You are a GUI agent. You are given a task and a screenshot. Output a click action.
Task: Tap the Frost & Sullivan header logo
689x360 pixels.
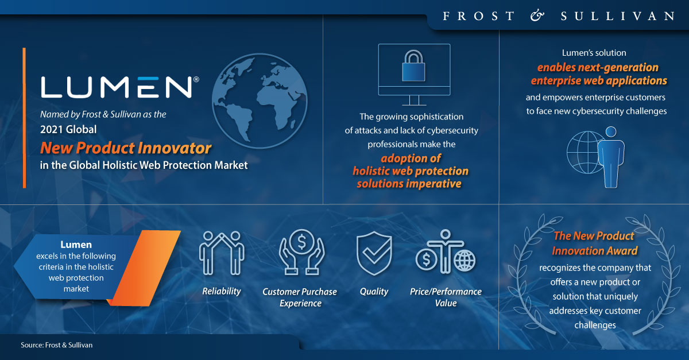(559, 16)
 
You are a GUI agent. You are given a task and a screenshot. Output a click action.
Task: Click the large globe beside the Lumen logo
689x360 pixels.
(260, 101)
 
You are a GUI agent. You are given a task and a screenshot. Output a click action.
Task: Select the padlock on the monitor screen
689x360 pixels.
(414, 65)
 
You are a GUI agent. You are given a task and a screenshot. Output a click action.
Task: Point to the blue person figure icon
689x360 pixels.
(611, 157)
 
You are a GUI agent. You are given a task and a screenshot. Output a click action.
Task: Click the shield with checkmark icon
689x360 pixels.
(374, 253)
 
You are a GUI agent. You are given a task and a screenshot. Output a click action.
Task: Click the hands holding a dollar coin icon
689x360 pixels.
(301, 252)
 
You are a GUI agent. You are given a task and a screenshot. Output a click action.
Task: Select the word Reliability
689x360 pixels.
(222, 291)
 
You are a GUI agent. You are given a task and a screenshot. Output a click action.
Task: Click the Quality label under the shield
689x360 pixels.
(374, 291)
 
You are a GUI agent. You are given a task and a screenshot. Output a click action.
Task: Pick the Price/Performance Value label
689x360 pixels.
(446, 297)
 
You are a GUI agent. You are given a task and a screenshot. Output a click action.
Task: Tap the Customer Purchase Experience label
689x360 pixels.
(300, 297)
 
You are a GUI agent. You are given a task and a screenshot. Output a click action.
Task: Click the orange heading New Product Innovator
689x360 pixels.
(126, 148)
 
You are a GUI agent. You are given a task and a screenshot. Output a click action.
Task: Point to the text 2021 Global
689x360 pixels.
(68, 130)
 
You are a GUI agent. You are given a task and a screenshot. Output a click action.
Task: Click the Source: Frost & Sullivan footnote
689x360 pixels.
(57, 345)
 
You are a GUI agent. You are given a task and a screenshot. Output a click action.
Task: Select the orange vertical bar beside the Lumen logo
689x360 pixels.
(24, 118)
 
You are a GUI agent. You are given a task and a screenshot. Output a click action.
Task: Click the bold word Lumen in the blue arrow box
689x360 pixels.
(76, 245)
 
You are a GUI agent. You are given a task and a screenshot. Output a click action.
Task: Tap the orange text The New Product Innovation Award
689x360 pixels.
(595, 243)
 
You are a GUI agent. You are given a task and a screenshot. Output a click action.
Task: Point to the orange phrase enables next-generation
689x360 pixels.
(598, 67)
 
